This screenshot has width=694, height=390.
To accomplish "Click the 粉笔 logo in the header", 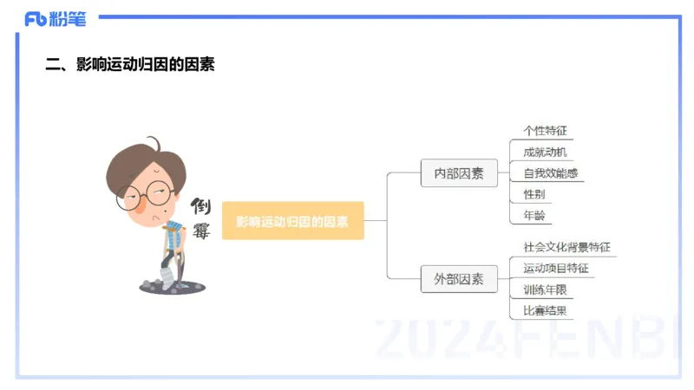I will (55, 18).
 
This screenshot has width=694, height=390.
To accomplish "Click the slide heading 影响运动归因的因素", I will (129, 64).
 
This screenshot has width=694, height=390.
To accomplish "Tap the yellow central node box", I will (292, 221).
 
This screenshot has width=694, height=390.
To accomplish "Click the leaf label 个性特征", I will (545, 131).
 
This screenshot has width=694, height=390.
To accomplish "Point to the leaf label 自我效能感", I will (549, 173).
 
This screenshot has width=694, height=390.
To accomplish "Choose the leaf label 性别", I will (534, 194).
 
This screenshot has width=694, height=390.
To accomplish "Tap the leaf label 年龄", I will (534, 215).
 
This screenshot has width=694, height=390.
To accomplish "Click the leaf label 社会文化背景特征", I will (566, 247).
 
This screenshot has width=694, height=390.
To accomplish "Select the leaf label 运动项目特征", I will (555, 268).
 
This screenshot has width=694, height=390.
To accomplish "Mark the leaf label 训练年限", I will (545, 289).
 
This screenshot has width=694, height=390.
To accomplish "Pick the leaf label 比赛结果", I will (545, 310).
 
